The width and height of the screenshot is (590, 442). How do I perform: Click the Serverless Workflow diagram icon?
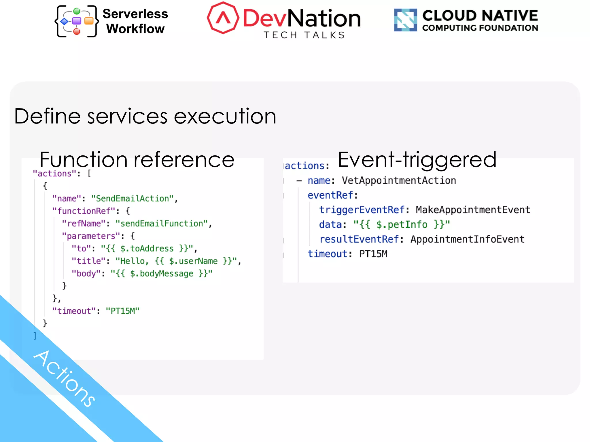(77, 21)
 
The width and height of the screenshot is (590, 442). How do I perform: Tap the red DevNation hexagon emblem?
(223, 18)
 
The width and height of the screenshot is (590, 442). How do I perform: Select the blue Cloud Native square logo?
(405, 20)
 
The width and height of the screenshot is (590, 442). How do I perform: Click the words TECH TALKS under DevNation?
(304, 35)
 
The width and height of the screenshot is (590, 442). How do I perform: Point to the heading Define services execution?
(145, 116)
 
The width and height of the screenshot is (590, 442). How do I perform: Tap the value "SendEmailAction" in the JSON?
(132, 199)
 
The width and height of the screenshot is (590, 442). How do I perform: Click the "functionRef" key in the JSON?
(84, 211)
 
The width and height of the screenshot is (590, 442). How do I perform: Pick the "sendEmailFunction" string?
(162, 224)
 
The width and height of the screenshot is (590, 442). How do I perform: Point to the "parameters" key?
(91, 236)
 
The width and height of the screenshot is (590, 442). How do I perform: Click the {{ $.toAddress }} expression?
(147, 248)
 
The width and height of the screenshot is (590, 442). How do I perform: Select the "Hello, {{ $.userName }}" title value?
(176, 261)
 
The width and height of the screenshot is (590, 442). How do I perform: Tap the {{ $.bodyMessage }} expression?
(161, 273)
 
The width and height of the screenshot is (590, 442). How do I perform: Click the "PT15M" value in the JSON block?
(122, 311)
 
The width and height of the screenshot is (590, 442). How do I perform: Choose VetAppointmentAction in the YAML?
(399, 181)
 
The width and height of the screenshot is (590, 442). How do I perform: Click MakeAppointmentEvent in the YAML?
(473, 210)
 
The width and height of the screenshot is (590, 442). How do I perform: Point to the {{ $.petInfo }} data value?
(402, 224)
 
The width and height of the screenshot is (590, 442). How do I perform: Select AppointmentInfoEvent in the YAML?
(467, 239)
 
